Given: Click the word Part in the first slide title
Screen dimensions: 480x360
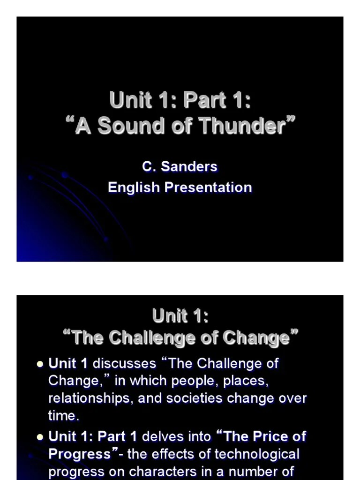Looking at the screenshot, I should tap(205, 100).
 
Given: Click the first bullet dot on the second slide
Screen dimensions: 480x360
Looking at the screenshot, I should tap(40, 363).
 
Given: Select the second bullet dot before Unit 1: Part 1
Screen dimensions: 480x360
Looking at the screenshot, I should tap(40, 437).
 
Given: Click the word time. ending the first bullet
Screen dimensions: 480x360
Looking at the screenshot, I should tap(62, 415).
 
